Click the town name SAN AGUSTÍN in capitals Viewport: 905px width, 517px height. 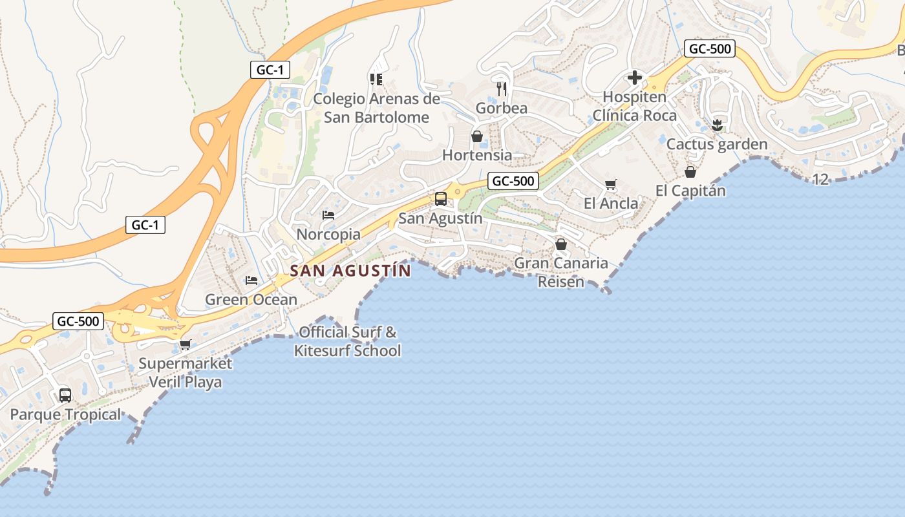(350, 270)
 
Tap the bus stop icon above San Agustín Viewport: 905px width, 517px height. (441, 198)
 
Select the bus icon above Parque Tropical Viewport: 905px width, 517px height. (65, 395)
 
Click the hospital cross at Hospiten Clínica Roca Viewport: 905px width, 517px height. (635, 78)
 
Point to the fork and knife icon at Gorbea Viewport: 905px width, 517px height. (502, 89)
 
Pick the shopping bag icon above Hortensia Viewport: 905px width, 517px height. (477, 136)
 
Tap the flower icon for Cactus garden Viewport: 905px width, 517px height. (717, 125)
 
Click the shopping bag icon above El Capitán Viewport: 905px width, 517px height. (690, 172)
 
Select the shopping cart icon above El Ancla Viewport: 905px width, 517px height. (611, 184)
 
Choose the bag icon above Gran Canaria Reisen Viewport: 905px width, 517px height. (561, 244)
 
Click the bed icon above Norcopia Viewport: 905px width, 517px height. (328, 215)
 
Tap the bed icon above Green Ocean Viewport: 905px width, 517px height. (251, 280)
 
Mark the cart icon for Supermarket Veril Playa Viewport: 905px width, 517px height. (186, 344)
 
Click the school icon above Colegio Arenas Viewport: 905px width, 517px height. (376, 79)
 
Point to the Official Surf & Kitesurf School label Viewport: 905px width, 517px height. (347, 341)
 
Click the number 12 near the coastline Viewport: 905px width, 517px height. (820, 179)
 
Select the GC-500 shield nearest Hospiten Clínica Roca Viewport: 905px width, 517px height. (710, 48)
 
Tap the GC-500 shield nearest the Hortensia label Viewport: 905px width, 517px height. (513, 181)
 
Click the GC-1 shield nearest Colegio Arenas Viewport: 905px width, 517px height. (270, 70)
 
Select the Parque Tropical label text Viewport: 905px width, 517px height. (65, 414)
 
